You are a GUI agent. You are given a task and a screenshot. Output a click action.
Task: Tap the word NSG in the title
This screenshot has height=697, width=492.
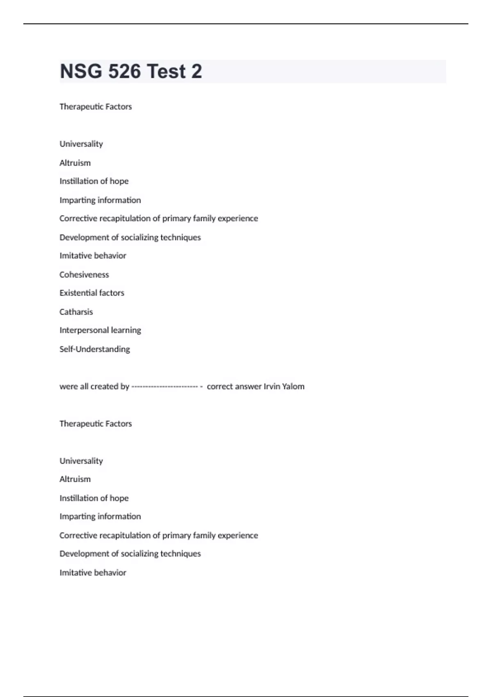pos(81,71)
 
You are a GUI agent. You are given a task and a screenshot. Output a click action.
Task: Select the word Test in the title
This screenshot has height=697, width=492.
pos(166,71)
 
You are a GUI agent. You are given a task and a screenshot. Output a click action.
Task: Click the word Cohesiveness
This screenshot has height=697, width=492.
pos(84,275)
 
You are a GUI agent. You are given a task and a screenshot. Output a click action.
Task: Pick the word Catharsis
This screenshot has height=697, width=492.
pos(76,312)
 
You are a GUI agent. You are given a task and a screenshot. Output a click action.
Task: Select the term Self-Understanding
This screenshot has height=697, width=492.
pos(95,349)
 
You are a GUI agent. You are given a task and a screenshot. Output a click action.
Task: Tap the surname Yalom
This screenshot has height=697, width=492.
pos(293,386)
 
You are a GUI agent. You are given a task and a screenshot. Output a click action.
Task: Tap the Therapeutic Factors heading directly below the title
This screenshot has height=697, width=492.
pos(96,107)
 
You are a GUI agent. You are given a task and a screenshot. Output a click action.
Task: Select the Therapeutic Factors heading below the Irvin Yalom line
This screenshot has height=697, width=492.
pos(96,424)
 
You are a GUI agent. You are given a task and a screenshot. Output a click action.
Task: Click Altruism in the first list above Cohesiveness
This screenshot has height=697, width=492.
pos(75,163)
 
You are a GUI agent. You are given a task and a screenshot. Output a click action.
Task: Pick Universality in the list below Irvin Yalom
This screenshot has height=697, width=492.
pos(81,461)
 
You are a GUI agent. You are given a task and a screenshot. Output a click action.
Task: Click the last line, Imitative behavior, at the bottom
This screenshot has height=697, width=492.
pos(93,573)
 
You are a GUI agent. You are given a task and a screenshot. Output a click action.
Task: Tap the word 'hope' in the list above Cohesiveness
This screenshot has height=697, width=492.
pos(119,181)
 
